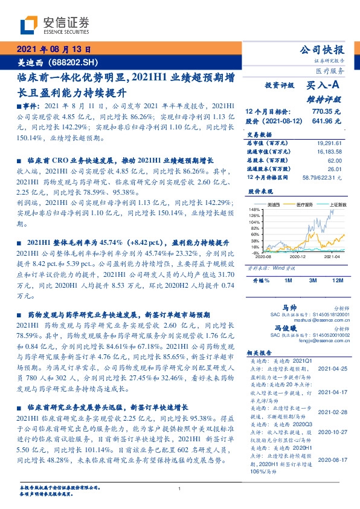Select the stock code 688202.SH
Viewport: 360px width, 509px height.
(71, 62)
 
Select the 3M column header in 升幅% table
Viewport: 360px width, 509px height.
(313, 281)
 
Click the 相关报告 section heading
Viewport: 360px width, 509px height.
(262, 353)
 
